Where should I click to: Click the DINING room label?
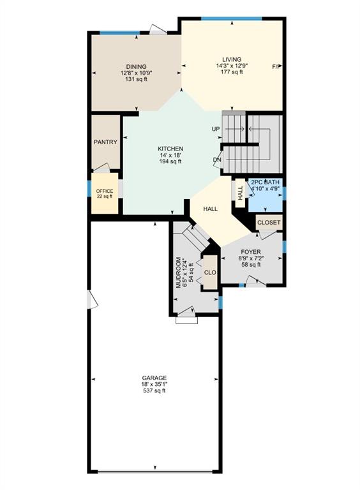(x=136, y=66)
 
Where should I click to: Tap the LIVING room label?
(x=232, y=59)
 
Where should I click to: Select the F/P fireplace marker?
(x=276, y=66)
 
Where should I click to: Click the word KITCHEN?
(x=170, y=149)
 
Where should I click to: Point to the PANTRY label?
(x=105, y=142)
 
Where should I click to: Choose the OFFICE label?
(x=105, y=191)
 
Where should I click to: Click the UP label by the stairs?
(x=216, y=129)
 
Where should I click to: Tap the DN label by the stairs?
(x=217, y=160)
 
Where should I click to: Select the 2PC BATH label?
(x=266, y=182)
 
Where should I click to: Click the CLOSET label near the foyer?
(x=269, y=223)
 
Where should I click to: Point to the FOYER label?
(x=251, y=252)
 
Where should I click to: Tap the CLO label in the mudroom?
(x=210, y=272)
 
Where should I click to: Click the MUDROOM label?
(x=179, y=272)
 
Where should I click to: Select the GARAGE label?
(x=154, y=378)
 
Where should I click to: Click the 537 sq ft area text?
(x=154, y=390)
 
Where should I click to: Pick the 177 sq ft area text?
(x=232, y=72)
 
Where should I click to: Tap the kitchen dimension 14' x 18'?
(x=170, y=155)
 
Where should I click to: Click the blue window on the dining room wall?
(x=120, y=33)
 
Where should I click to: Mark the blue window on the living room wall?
(x=232, y=19)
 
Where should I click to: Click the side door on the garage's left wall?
(x=93, y=300)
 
